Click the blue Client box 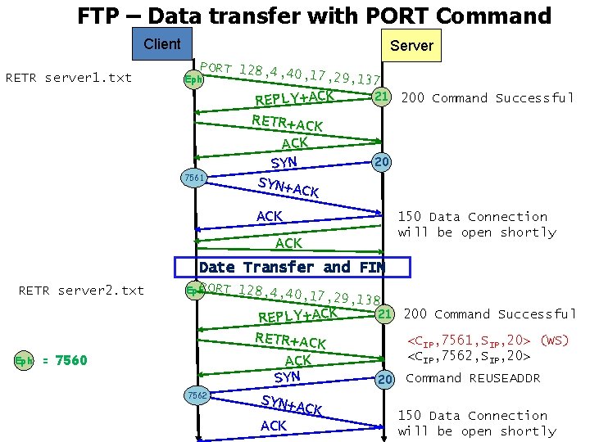[x=161, y=45]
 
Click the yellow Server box [x=411, y=46]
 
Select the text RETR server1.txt [x=69, y=79]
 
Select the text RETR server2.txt [x=81, y=290]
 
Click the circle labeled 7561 [x=194, y=177]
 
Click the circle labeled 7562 [x=197, y=395]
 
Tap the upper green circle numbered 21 [x=380, y=97]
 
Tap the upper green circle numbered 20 [x=381, y=162]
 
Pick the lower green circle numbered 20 [x=383, y=378]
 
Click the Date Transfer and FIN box [x=292, y=267]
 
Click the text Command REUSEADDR [x=473, y=378]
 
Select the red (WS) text [x=555, y=340]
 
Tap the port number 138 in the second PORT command [x=369, y=301]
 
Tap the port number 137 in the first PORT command [x=369, y=79]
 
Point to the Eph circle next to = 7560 [x=25, y=361]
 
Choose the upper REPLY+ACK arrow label [x=294, y=97]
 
